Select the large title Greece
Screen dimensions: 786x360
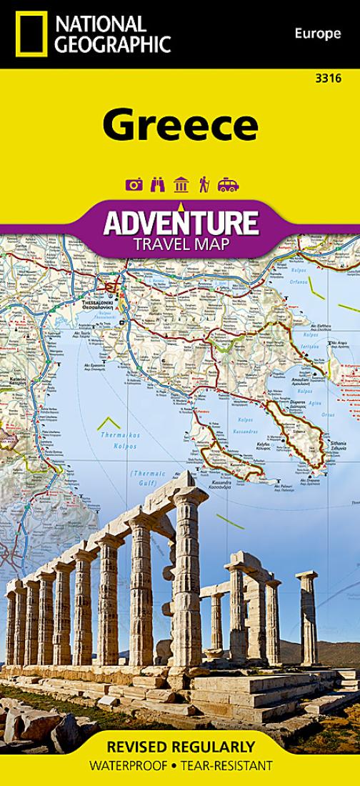(179, 125)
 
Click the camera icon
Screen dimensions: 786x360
(134, 185)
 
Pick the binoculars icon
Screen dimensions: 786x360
(157, 185)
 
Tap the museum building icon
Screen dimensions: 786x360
(181, 185)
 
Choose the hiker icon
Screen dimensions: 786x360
(204, 185)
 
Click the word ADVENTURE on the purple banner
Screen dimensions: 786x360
(180, 223)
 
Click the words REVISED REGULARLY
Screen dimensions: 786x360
(180, 747)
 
